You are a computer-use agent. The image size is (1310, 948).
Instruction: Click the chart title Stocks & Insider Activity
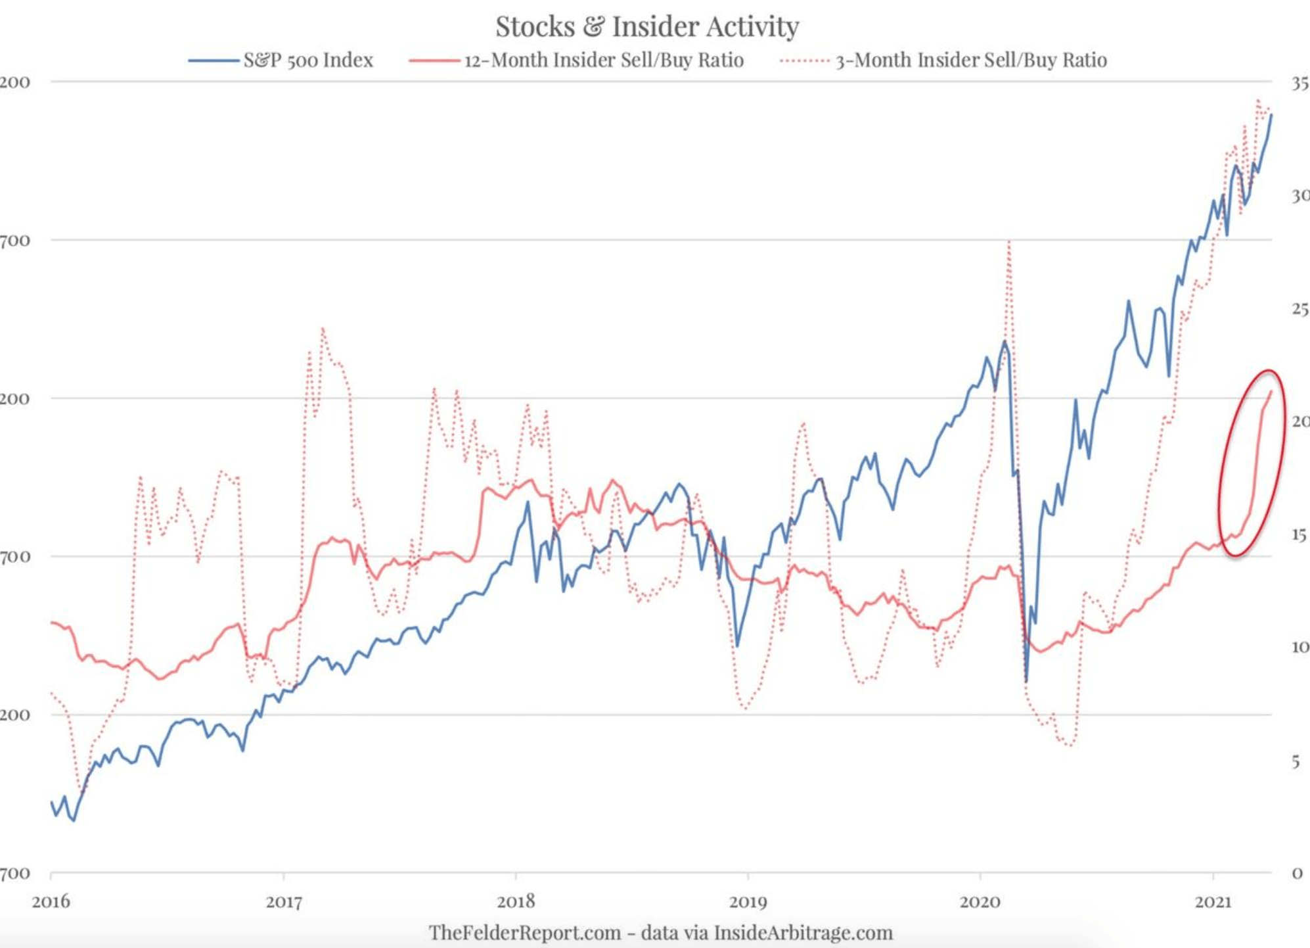click(647, 27)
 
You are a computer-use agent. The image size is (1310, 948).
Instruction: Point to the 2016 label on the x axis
click(51, 901)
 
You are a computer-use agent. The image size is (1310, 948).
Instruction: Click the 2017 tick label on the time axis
click(284, 901)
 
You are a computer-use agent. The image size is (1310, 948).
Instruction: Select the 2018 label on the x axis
click(516, 901)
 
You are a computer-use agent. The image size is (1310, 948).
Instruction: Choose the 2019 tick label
click(748, 901)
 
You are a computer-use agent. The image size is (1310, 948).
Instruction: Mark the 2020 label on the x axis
click(980, 901)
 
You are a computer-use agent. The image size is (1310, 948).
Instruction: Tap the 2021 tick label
click(1212, 901)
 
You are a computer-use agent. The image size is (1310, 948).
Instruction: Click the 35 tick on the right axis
click(1299, 83)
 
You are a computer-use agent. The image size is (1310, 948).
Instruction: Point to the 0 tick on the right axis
click(1297, 874)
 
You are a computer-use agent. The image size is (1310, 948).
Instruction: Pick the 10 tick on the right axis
click(1299, 648)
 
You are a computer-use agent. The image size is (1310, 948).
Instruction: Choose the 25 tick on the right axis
click(1299, 309)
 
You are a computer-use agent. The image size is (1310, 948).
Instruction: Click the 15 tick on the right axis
click(1299, 535)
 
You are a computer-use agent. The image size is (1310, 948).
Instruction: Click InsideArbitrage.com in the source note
click(803, 932)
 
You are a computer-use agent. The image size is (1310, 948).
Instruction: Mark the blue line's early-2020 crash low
click(1026, 680)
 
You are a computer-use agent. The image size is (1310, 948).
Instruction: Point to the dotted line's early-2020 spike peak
click(1008, 242)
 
